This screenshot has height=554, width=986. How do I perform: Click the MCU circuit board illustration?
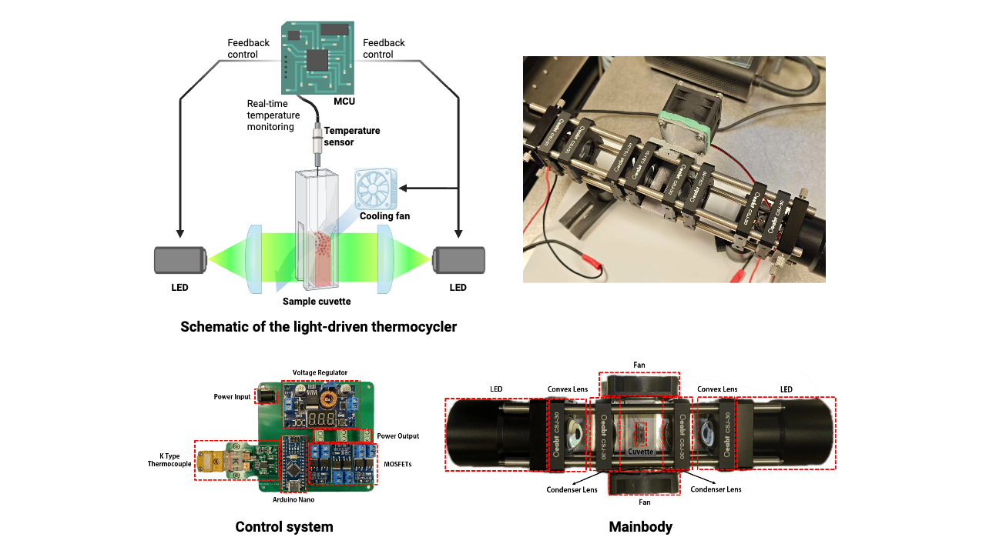coord(318,57)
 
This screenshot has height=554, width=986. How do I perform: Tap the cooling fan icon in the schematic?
coord(376,189)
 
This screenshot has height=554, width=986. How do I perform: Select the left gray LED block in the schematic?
coord(180,260)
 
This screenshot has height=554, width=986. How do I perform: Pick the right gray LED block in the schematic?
coord(458,260)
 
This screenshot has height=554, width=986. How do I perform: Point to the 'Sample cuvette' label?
coord(317,301)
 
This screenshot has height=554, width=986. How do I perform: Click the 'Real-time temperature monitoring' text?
coord(273,115)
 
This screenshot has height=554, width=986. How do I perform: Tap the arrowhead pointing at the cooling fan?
coord(403,189)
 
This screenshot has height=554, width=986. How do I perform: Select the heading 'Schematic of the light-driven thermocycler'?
coord(318,327)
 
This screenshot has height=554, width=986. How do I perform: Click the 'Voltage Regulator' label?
coord(320,372)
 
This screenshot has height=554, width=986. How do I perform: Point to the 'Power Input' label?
coord(232,396)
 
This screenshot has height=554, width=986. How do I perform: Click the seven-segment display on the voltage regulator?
coord(321,418)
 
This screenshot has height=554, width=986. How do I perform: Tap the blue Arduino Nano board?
coord(293,463)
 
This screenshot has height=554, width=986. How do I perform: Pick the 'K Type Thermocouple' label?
coord(169,460)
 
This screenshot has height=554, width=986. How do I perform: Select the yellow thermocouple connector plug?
coord(210,460)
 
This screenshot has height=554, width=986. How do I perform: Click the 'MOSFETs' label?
coord(397,464)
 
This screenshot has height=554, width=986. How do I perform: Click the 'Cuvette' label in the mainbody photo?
coord(640,452)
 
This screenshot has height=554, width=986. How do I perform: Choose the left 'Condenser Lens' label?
coord(572,489)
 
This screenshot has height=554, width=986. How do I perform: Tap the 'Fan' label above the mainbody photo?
coord(639,365)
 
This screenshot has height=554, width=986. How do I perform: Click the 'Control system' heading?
coord(284,527)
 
